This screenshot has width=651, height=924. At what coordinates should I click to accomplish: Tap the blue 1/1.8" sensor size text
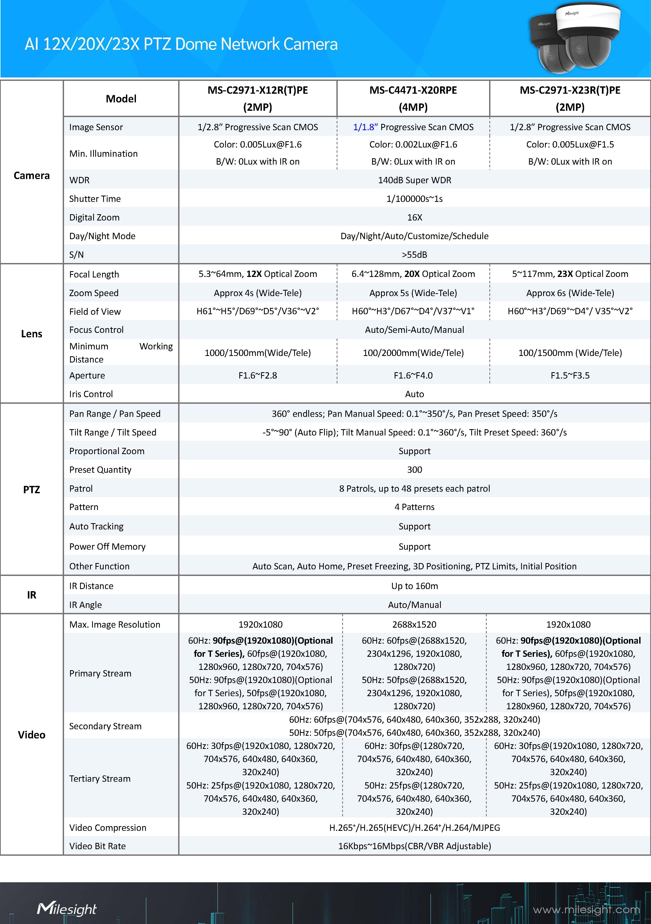pos(365,127)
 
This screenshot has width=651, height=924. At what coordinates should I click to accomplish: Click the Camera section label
pos(31,175)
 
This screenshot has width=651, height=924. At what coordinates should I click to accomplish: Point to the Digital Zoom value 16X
pos(414,217)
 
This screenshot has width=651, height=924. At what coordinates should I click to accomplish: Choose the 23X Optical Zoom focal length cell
pos(570,274)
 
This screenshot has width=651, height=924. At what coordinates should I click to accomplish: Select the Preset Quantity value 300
pos(414,470)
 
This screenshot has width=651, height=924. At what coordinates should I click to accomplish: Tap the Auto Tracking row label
pos(96,526)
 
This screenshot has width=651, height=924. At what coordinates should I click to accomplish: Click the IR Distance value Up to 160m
pos(414,586)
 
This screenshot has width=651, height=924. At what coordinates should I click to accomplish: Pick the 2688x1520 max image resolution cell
pos(414,624)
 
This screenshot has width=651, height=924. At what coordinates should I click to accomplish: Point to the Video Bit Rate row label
pos(97,846)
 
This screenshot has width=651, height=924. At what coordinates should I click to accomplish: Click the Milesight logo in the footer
pos(67,909)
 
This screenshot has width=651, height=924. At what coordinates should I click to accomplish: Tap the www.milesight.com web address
pos(586,910)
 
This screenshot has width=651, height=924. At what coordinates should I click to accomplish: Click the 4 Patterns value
pos(414,507)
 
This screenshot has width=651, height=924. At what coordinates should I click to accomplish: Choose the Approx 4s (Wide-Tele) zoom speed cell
pos(257,293)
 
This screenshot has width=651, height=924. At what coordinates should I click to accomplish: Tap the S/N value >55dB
pos(414,255)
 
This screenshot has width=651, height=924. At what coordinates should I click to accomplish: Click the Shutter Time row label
pos(95,199)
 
